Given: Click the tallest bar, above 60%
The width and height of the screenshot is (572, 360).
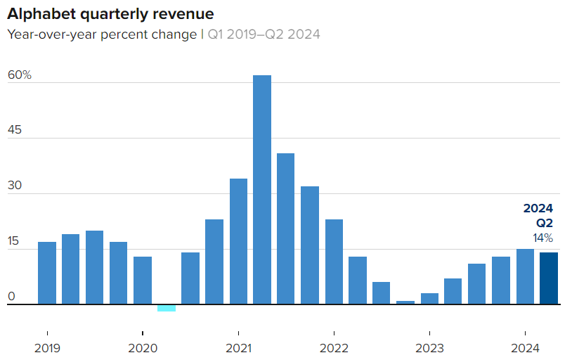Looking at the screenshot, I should [x=262, y=190].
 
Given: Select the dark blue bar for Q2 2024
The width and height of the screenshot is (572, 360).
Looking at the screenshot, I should [x=549, y=278].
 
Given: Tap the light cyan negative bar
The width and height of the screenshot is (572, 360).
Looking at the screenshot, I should [x=167, y=308].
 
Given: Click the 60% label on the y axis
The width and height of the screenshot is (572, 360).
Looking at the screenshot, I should [x=20, y=75].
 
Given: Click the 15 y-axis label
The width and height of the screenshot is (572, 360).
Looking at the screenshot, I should [x=14, y=242].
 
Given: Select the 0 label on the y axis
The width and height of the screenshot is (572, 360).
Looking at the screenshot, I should [x=11, y=297].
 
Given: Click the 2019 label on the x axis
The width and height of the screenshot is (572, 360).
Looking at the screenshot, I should [x=47, y=348].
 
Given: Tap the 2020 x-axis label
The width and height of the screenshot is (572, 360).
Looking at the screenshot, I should [x=143, y=348].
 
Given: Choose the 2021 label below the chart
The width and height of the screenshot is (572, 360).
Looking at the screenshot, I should [x=238, y=348].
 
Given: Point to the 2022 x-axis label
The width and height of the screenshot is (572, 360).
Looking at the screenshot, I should [x=334, y=348].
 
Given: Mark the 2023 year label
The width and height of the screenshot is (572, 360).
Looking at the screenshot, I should [x=429, y=348].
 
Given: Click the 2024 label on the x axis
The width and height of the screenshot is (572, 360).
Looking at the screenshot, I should [x=525, y=348].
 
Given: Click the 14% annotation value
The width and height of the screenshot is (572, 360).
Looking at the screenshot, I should [x=543, y=238].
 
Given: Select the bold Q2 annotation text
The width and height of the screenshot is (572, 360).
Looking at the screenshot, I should [x=545, y=223].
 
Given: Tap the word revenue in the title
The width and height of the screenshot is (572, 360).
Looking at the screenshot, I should [x=183, y=14].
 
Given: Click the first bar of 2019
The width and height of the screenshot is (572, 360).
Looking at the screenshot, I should [x=47, y=273].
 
